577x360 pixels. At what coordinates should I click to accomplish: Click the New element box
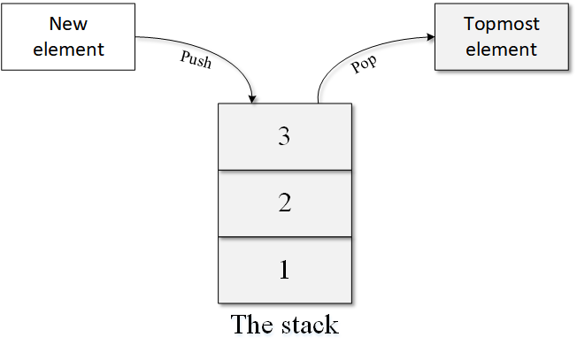click(68, 36)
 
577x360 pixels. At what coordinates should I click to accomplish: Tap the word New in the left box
click(68, 25)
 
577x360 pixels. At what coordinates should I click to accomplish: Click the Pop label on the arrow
click(364, 65)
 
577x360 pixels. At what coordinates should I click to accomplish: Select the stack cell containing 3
click(284, 137)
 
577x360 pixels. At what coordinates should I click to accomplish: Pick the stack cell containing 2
click(284, 203)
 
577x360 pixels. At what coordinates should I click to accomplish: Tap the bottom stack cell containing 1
click(284, 270)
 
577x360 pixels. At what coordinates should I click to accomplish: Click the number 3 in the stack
click(284, 137)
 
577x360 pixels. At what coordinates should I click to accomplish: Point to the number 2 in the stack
click(284, 203)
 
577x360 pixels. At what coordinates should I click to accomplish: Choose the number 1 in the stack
click(284, 270)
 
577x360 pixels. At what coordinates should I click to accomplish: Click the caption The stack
click(284, 324)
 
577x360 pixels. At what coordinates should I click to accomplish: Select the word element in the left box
click(68, 49)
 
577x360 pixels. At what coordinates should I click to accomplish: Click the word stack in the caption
click(309, 324)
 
